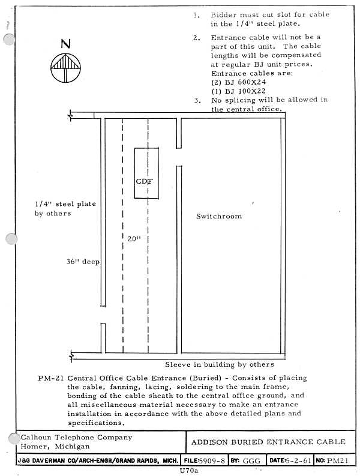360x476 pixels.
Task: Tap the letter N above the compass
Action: click(64, 44)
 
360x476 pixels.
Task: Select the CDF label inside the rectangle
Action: click(145, 180)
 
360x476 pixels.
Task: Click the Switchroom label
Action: click(219, 216)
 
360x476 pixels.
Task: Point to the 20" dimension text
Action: click(134, 239)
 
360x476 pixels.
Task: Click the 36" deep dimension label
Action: click(83, 262)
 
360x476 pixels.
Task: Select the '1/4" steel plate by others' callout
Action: click(65, 208)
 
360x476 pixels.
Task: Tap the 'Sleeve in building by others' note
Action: click(220, 364)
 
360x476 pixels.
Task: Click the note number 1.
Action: click(197, 15)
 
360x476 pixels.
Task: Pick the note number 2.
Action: click(197, 38)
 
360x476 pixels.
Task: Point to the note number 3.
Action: click(197, 100)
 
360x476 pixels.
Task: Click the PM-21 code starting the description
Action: click(50, 378)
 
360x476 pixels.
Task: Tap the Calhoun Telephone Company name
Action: click(76, 438)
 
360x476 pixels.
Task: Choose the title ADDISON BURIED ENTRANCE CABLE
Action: click(268, 442)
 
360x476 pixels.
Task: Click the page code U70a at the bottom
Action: click(188, 471)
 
